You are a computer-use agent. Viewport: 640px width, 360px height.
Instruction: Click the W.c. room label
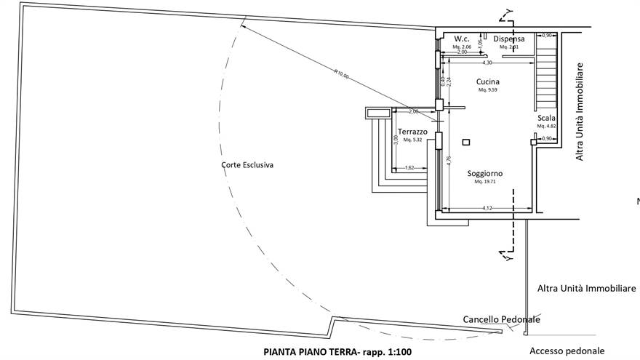click(x=462, y=38)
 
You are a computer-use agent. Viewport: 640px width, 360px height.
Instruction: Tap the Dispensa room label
click(x=508, y=38)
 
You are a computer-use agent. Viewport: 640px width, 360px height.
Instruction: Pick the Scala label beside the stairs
click(x=546, y=118)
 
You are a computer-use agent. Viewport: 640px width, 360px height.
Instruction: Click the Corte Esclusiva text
click(x=247, y=165)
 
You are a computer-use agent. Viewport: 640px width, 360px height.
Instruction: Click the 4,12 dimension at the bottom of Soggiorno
click(x=487, y=209)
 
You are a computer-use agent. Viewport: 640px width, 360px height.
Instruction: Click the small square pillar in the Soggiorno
click(x=466, y=142)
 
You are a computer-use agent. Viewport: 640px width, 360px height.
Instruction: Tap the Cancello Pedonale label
click(x=501, y=319)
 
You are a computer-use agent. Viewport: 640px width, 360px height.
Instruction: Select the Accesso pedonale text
click(x=567, y=350)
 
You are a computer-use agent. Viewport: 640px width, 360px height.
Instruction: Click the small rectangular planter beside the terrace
click(x=377, y=113)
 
